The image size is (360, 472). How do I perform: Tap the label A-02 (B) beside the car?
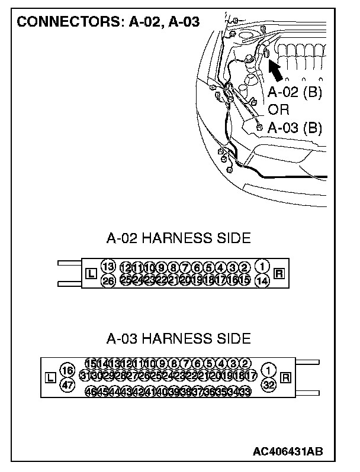(x=294, y=93)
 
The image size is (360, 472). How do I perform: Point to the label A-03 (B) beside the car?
(x=294, y=127)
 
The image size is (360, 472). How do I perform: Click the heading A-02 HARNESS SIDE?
(x=178, y=238)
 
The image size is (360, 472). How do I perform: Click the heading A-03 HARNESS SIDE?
(x=178, y=339)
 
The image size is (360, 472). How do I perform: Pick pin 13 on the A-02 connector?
(x=108, y=266)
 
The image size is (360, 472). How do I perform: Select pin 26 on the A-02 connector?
(x=108, y=280)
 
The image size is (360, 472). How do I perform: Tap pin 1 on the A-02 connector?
(x=262, y=266)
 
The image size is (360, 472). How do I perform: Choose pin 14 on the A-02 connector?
(x=262, y=280)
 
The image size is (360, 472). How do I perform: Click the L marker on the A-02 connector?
(x=91, y=273)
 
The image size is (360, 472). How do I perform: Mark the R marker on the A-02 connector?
(x=279, y=273)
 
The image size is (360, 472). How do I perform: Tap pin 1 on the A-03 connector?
(x=269, y=370)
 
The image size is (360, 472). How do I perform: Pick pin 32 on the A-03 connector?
(x=269, y=384)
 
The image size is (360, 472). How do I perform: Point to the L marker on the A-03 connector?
(x=50, y=377)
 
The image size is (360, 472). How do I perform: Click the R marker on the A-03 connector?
(x=287, y=377)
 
